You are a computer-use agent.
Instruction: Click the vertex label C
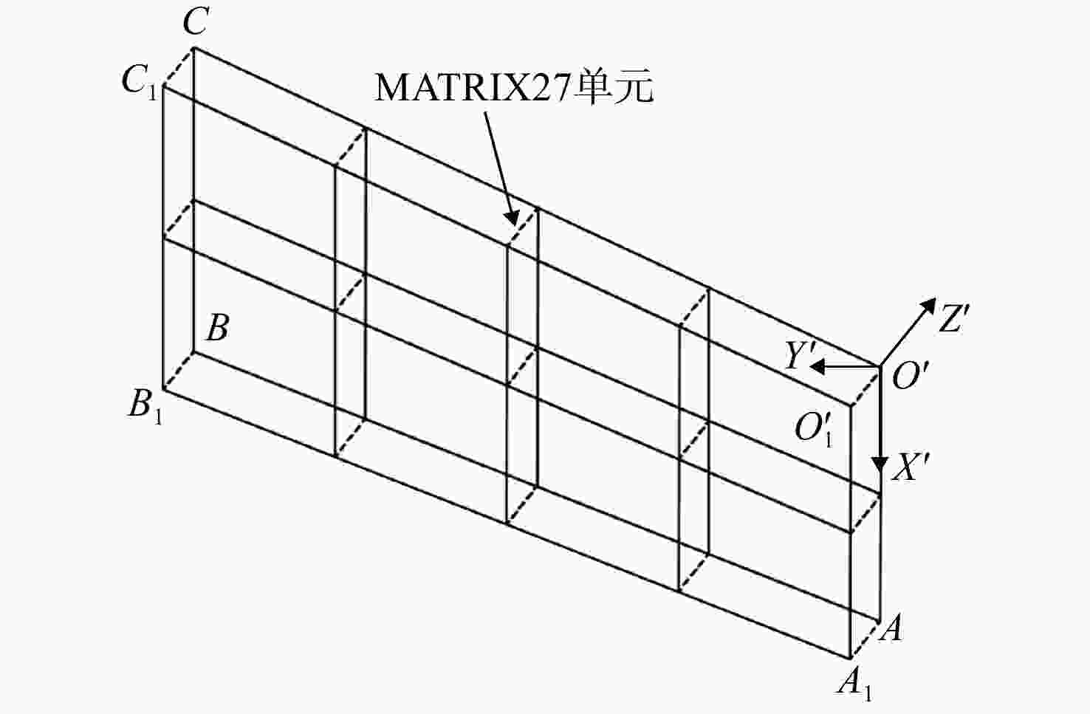(196, 22)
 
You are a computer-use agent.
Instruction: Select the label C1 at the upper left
(140, 80)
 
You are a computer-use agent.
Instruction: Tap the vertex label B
(218, 328)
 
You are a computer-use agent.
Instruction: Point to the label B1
(145, 405)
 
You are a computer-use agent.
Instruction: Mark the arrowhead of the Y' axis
(817, 366)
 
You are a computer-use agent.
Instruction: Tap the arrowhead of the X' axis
(880, 464)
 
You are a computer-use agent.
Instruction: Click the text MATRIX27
(472, 88)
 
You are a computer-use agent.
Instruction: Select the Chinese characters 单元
(613, 88)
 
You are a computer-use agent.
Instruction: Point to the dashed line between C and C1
(179, 67)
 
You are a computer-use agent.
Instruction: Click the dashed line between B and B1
(179, 371)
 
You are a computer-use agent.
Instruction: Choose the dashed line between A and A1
(865, 640)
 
